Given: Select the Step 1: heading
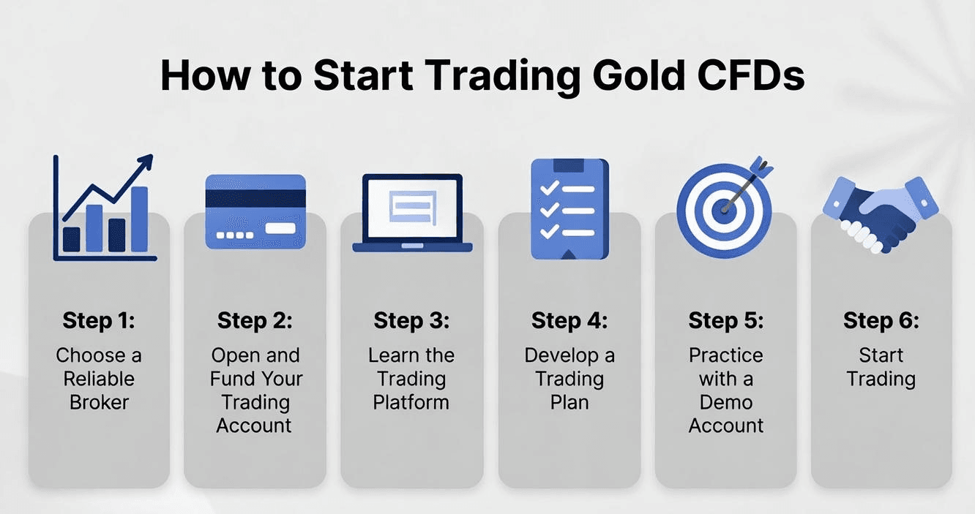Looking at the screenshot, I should [x=99, y=320].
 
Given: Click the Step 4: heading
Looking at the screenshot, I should [x=569, y=320].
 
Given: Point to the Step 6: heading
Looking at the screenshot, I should [x=881, y=320].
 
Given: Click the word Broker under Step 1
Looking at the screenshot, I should [x=99, y=402].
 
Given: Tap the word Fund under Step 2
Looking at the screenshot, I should [x=231, y=379].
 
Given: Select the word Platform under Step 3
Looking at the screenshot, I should [x=411, y=402].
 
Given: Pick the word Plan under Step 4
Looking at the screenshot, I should [x=569, y=402].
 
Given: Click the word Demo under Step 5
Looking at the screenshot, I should [x=725, y=402].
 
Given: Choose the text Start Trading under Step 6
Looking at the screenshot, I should [x=881, y=367].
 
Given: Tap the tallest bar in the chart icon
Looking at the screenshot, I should [x=139, y=219].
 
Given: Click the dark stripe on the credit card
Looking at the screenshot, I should [x=255, y=199].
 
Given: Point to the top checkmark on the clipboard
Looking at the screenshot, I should [x=548, y=189].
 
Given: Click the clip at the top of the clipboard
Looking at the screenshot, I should [x=569, y=165].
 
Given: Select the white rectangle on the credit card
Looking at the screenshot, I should [x=280, y=228].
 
